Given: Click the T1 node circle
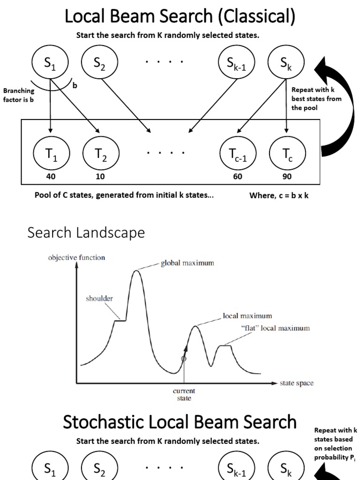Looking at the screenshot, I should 52,153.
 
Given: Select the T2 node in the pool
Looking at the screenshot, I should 101,153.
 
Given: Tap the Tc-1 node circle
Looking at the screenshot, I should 239,153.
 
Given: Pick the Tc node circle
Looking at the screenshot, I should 287,153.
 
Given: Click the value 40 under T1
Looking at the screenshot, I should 52,177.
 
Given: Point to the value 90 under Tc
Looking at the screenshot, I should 287,177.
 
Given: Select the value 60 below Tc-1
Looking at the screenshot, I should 239,177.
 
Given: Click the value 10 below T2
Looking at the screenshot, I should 101,177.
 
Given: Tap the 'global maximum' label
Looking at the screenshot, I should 187,263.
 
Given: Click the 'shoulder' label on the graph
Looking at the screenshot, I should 99,298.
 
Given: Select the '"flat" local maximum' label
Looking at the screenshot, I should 275,328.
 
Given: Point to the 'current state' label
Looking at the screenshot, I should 184,394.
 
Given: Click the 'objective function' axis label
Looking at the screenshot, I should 76,257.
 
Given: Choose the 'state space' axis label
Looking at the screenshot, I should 296,383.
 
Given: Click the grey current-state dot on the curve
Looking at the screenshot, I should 184,359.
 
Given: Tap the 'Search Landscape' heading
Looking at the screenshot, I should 86,232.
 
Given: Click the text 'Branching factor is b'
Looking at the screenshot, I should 19,95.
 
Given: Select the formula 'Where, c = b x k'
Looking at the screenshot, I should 279,196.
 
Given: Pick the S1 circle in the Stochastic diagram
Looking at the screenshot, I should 50,469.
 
